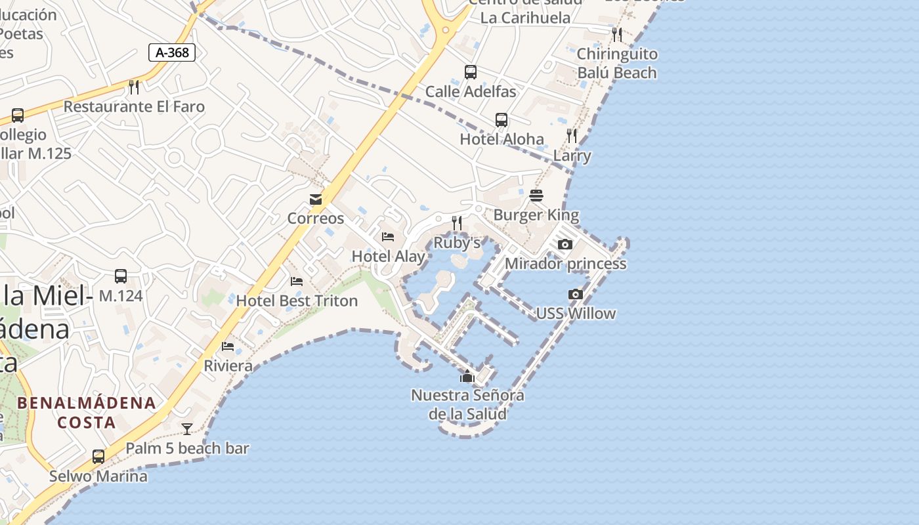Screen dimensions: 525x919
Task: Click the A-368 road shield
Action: coord(172,52)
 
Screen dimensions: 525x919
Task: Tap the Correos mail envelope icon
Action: coord(316,199)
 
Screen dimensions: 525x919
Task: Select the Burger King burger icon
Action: coord(536,196)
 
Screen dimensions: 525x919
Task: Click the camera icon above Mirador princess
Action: coord(565,245)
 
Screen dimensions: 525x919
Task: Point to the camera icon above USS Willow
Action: coord(576,294)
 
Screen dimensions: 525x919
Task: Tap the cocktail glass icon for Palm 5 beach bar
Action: coord(187,429)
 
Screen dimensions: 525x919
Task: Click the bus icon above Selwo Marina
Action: coord(98,456)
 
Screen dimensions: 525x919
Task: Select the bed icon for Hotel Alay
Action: coord(388,237)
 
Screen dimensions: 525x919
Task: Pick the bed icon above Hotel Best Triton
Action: coord(297,282)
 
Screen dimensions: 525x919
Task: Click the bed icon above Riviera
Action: coord(228,346)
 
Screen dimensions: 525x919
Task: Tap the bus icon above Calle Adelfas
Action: coord(471,72)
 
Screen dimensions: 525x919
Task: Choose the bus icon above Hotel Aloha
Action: coord(502,120)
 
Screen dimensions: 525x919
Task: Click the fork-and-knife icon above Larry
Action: coord(572,136)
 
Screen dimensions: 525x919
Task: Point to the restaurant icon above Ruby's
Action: coord(457,223)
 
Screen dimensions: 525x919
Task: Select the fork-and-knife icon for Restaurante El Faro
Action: coord(134,87)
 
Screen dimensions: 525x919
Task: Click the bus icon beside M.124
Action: coord(121,276)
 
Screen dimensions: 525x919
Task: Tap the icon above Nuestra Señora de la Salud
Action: coord(467,376)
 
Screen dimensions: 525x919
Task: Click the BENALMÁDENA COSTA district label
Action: coord(87,412)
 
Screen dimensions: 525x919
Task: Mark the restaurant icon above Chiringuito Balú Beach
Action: coord(616,34)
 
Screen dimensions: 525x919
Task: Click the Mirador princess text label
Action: coord(565,264)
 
